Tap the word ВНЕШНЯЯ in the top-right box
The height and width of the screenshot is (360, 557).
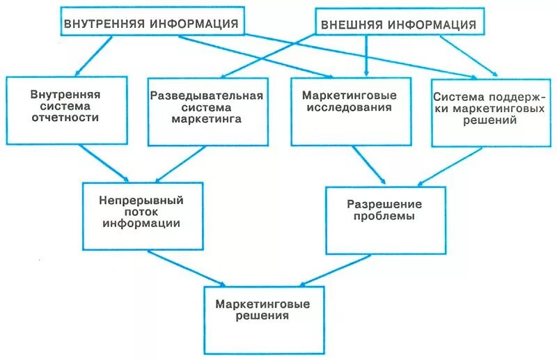coord(351,25)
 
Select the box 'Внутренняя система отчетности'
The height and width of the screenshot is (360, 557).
coord(66,109)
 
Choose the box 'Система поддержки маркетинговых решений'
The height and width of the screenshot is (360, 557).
coord(485,111)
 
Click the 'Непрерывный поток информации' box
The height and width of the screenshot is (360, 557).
coord(142,215)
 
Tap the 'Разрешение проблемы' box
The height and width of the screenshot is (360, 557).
coord(385,220)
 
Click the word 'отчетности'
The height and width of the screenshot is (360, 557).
coord(65,118)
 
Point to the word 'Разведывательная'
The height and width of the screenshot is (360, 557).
coord(207,95)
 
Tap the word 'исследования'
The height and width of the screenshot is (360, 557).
coord(346,108)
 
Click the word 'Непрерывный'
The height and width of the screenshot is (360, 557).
coord(141,200)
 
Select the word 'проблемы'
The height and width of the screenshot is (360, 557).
coord(385,217)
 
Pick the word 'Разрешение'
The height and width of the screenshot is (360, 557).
coord(385,204)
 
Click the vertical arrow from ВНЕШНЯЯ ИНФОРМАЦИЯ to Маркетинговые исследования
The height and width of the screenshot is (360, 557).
coord(366,53)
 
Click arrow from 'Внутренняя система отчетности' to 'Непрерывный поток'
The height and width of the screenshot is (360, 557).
coord(104,162)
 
